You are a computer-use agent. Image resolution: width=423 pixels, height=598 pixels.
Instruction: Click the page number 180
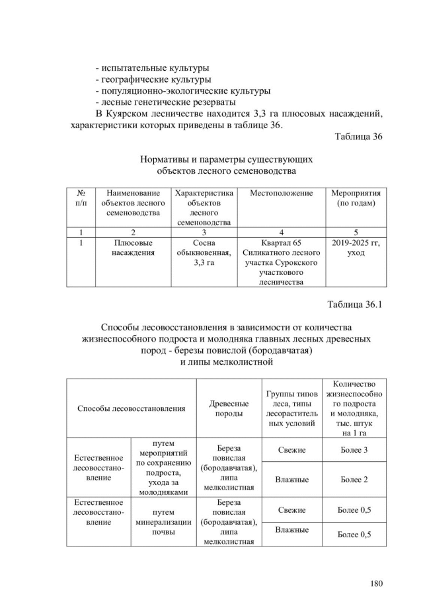(x=376, y=583)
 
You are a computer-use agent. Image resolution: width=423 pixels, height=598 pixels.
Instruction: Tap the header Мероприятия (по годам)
(x=356, y=198)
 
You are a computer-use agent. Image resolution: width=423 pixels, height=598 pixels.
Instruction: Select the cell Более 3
(x=354, y=449)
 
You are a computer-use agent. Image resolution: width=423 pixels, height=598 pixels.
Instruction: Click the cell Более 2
(x=354, y=479)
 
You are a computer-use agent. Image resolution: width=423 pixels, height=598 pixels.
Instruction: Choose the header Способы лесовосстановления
(x=131, y=408)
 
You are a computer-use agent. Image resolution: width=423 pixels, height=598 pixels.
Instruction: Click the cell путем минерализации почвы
(x=163, y=521)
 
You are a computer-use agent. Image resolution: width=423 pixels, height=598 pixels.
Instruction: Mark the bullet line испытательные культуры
(x=152, y=67)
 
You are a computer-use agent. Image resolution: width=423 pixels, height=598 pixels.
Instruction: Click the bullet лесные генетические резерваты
(x=165, y=102)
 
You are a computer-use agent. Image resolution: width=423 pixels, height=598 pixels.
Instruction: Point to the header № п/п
(x=81, y=198)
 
